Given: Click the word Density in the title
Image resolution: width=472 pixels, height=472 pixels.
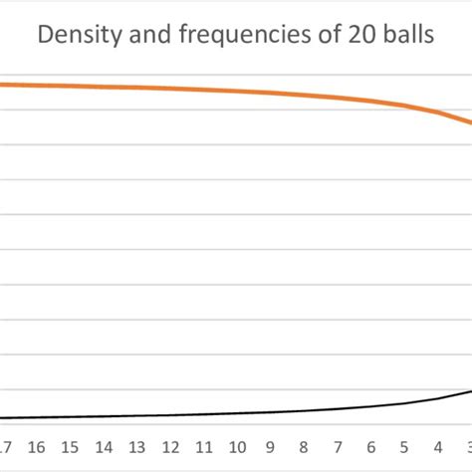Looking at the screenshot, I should [78, 37].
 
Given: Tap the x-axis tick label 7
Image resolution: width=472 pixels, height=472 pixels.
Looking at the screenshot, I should [338, 446].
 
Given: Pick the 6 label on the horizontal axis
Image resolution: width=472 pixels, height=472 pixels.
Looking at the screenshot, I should [370, 446].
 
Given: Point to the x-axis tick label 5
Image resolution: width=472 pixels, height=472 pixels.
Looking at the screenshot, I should [404, 446].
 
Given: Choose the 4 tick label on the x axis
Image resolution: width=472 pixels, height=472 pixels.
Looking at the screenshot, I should [437, 446].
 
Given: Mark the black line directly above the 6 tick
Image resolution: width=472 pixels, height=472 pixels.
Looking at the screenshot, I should [370, 406].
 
